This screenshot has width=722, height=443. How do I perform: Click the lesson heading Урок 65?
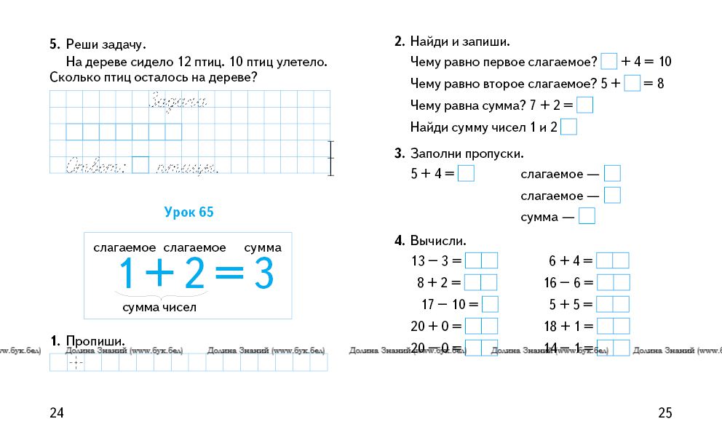[x=189, y=212]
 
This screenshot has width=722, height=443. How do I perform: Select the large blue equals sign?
[x=229, y=276]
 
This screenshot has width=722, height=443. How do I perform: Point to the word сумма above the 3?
[x=263, y=248]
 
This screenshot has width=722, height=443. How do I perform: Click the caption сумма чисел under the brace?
[x=159, y=308]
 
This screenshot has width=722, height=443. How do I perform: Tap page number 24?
[x=57, y=413]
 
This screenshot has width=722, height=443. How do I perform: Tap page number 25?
[x=665, y=413]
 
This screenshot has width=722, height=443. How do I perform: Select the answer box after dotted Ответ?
[x=140, y=166]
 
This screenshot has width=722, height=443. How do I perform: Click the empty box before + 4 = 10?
[x=609, y=61]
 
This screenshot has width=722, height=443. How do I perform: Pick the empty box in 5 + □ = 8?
[x=632, y=83]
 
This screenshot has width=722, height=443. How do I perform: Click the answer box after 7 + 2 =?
[x=584, y=105]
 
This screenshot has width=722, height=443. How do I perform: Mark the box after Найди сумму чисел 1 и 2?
[x=569, y=127]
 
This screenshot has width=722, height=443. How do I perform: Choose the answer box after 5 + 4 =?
[x=467, y=174]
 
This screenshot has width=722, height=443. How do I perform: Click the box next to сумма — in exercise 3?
[x=587, y=216]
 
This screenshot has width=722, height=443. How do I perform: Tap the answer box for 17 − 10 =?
[x=490, y=304]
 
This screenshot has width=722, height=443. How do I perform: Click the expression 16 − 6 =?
[x=571, y=282]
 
